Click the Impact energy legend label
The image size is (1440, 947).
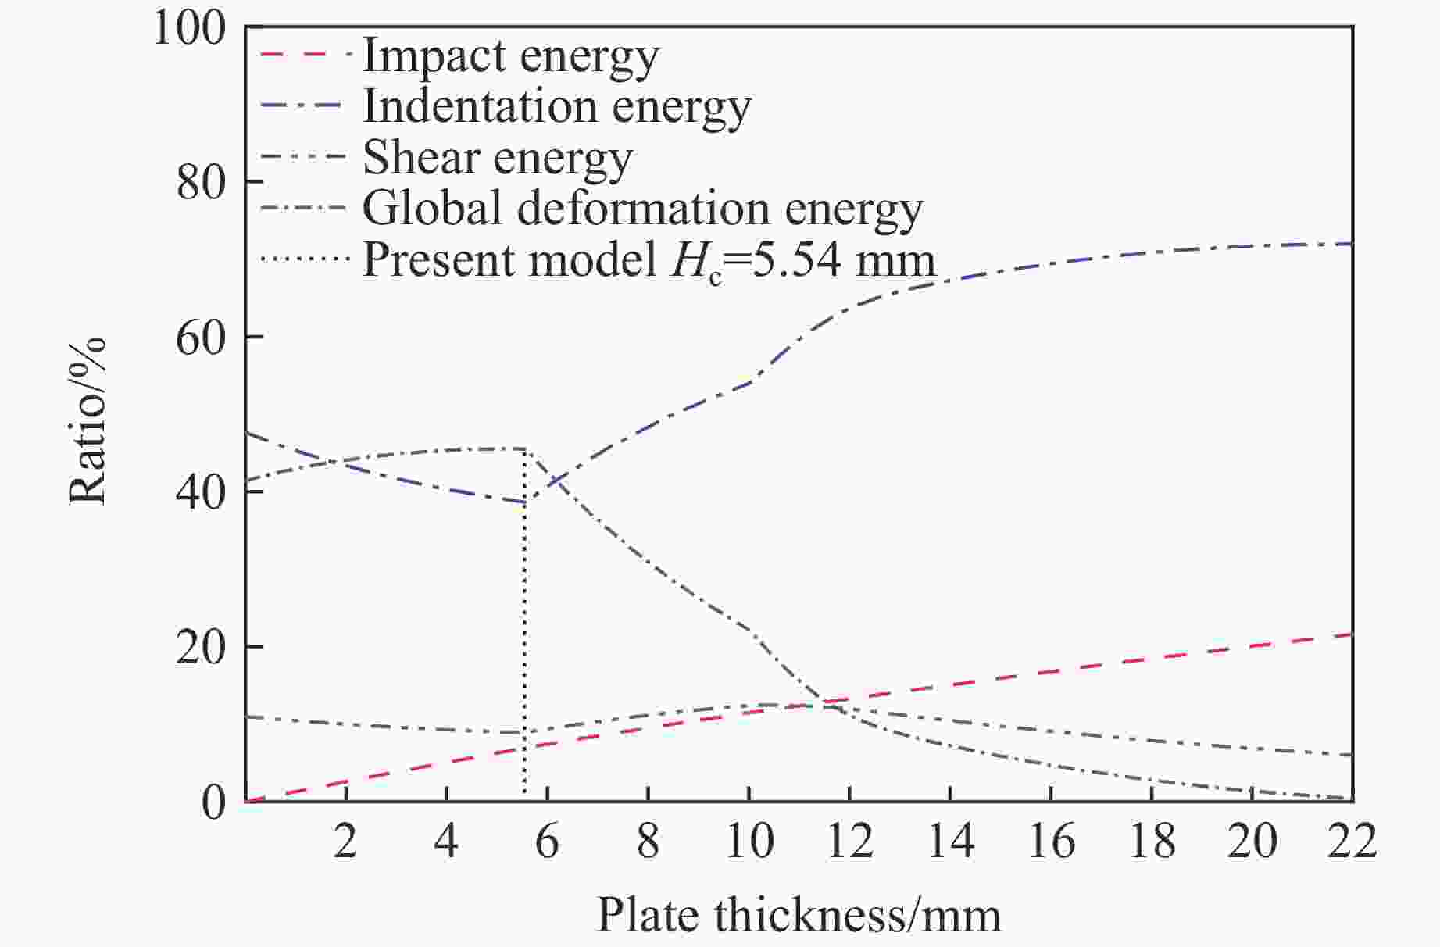[511, 56]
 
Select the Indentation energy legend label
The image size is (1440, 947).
[556, 107]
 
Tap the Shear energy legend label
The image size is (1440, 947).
[498, 159]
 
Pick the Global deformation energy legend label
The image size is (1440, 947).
[642, 209]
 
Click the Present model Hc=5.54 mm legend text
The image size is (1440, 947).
[649, 260]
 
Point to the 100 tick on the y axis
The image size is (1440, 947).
[189, 28]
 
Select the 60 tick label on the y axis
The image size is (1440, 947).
[200, 338]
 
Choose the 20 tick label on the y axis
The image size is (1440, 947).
[200, 648]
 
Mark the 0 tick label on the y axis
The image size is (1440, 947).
[213, 802]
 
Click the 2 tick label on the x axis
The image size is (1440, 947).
[345, 842]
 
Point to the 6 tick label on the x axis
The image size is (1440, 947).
[547, 842]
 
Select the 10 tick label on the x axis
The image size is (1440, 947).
[749, 842]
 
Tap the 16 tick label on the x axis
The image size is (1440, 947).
[1052, 842]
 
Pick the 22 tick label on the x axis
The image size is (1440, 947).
[1352, 842]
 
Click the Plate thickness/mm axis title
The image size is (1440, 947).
[799, 916]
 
